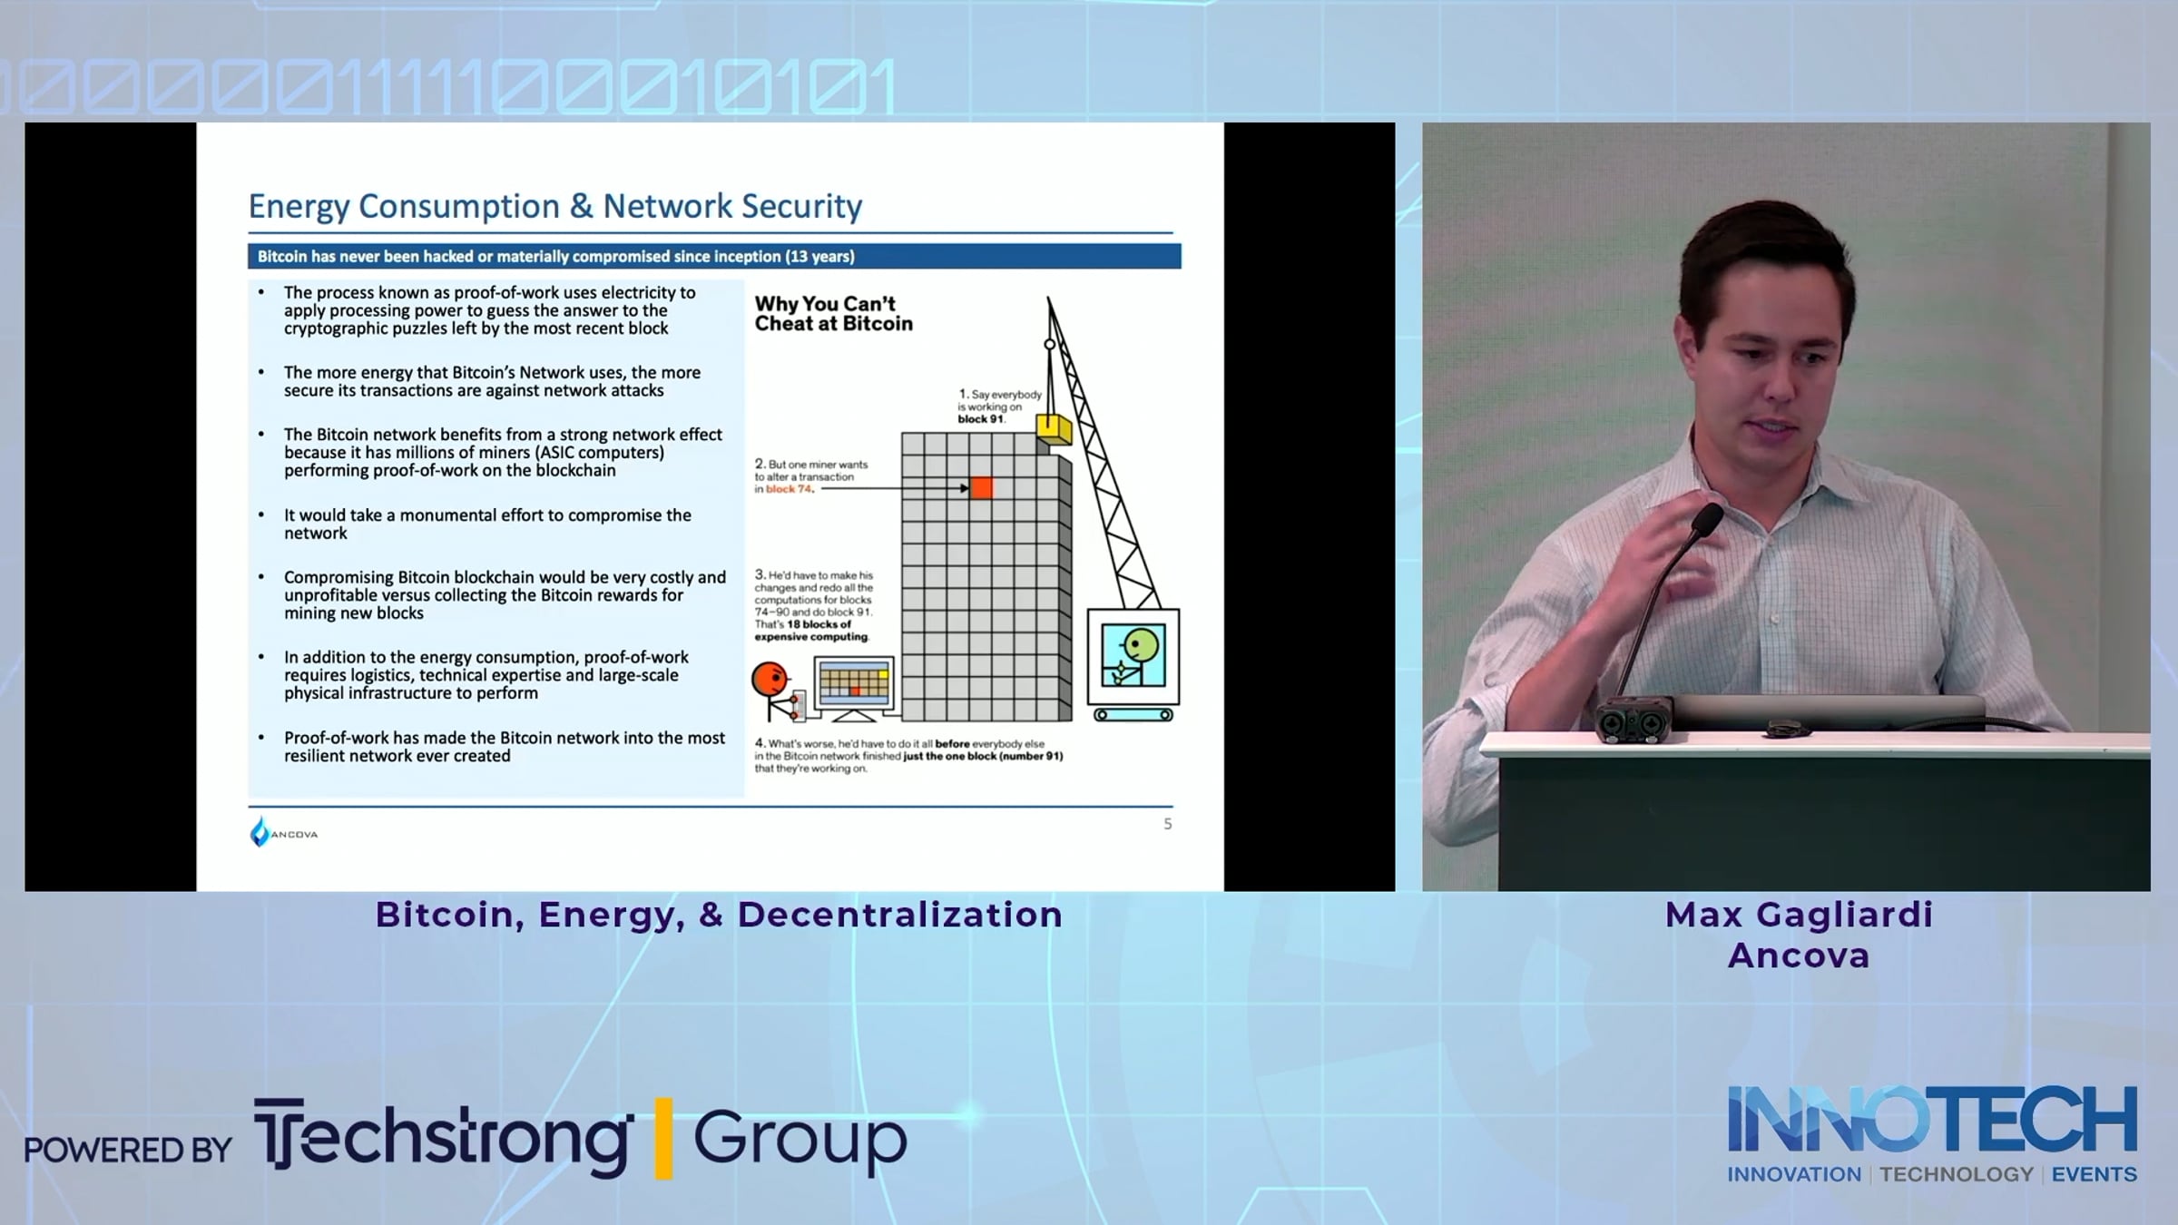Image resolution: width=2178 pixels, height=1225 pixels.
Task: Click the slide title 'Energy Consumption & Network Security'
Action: [555, 207]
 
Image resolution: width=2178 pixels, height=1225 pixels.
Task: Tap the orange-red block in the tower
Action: [982, 488]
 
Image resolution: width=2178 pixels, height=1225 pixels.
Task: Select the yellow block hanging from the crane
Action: [1054, 428]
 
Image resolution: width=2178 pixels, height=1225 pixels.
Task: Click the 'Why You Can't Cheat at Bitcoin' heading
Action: [833, 314]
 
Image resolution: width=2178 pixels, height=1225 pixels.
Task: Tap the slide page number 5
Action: [1168, 824]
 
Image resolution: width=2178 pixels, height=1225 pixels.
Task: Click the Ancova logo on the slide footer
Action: [283, 832]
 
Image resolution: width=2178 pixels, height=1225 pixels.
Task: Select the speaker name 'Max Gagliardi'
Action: [1799, 915]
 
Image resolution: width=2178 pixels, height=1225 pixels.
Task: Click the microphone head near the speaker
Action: [1707, 520]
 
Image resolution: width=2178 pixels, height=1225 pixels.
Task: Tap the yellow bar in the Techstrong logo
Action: [663, 1138]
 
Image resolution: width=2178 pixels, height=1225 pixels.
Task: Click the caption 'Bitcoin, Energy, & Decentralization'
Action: [719, 915]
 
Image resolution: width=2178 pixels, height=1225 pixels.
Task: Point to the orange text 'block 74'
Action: [790, 489]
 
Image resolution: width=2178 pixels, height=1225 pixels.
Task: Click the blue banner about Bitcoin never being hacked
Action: [714, 257]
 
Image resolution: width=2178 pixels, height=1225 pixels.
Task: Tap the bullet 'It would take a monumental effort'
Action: [487, 524]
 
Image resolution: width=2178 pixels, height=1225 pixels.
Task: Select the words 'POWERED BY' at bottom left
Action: [128, 1151]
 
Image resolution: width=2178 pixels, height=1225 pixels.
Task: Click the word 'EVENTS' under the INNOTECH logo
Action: [2095, 1174]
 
